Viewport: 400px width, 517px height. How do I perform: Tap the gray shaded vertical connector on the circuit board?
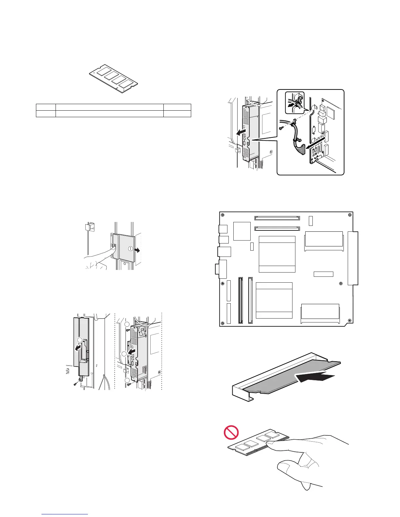click(241, 300)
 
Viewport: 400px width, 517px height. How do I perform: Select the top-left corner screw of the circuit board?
click(223, 215)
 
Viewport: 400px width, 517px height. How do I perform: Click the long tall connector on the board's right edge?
click(353, 258)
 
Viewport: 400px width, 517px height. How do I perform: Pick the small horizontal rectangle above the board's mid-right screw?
click(324, 274)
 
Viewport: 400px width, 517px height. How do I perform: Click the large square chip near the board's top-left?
click(242, 231)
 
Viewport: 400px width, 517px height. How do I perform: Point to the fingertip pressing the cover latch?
click(113, 249)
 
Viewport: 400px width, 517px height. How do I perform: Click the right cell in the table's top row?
click(177, 107)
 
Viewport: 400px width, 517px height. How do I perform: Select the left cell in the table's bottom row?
click(46, 114)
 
